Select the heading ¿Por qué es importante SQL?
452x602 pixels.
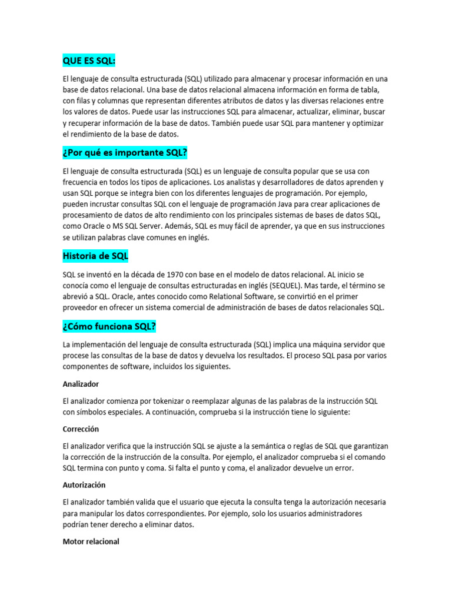pos(125,153)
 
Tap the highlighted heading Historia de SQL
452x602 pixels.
pos(95,256)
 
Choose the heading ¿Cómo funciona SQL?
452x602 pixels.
pos(109,326)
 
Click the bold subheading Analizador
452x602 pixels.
pos(81,384)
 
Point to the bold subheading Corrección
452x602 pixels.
pos(81,429)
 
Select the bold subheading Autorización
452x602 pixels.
pos(84,486)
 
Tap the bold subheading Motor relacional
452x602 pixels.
pos(91,541)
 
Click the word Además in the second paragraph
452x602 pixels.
pos(190,226)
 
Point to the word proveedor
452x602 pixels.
pos(82,307)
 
